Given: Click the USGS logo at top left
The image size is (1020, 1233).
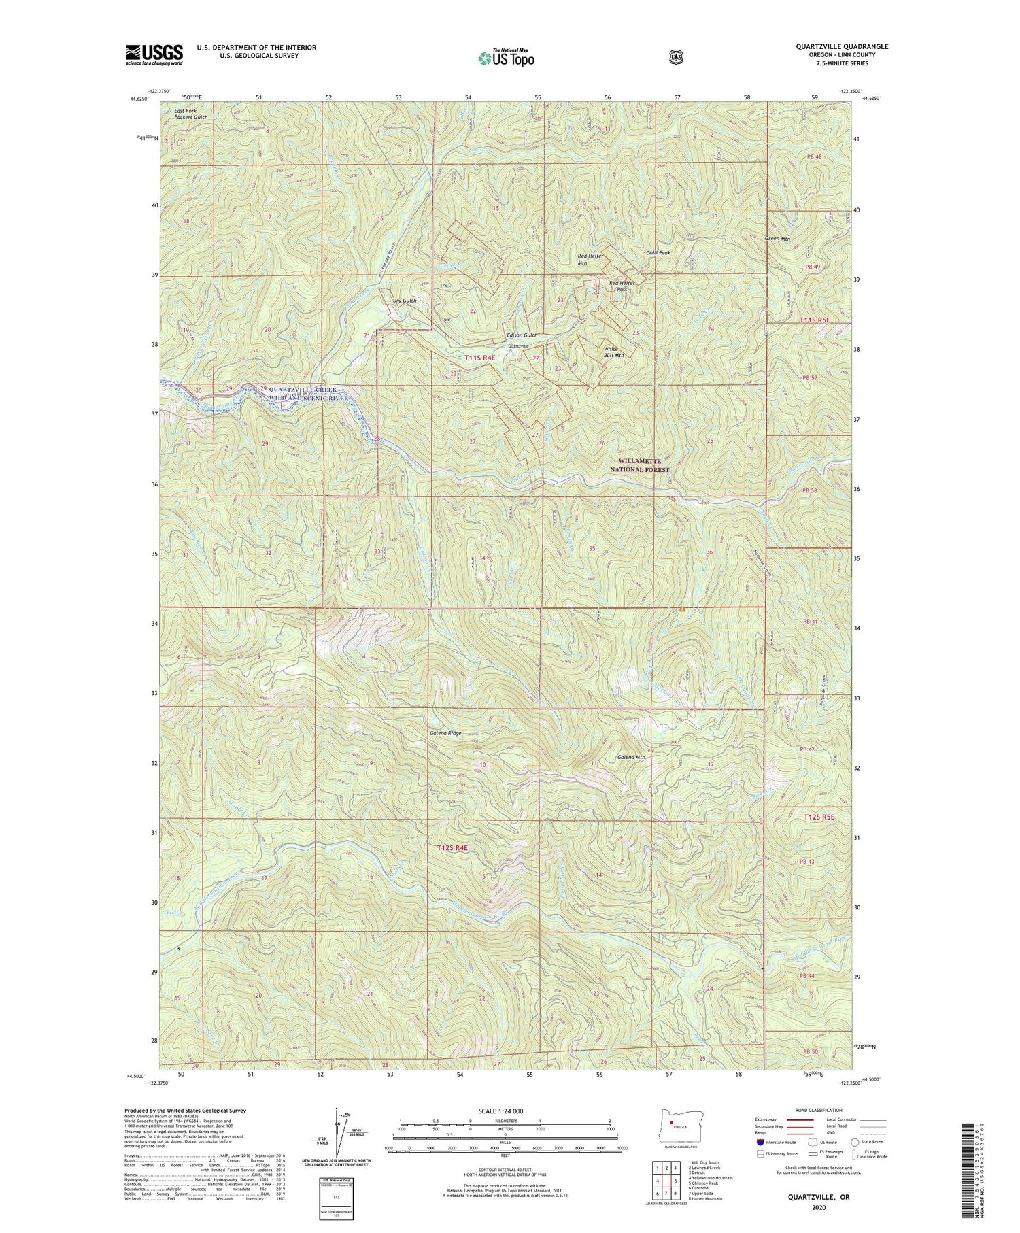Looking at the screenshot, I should (154, 54).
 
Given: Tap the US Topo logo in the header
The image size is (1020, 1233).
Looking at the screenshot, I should (506, 58).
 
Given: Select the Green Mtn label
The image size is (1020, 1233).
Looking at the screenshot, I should (777, 239).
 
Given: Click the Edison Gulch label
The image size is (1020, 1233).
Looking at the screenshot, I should (522, 335).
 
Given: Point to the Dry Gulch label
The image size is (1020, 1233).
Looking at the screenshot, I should (405, 300).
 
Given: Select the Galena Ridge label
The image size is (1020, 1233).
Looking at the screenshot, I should (445, 733).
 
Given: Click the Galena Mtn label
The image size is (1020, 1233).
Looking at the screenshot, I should (631, 757).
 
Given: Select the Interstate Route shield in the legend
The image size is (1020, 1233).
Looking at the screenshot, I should (760, 1142).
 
